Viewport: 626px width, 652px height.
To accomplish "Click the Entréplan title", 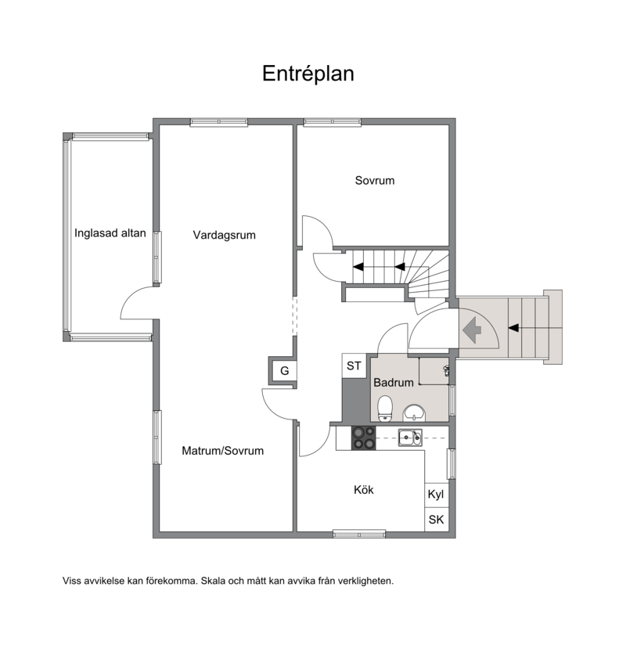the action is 308,74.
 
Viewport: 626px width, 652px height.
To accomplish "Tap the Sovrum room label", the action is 375,181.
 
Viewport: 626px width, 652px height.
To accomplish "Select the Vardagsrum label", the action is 224,235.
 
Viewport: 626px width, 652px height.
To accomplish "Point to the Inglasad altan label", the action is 110,233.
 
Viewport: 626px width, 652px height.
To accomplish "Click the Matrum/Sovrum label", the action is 223,451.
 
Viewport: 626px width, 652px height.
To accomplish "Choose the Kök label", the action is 364,490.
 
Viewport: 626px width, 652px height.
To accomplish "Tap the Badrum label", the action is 394,383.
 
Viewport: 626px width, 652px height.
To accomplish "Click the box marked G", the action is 284,370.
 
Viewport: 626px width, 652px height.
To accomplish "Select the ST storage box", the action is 354,366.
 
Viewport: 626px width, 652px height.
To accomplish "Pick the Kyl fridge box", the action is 436,495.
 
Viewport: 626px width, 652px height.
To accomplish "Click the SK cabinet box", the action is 436,520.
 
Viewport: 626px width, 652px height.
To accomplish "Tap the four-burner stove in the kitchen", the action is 364,438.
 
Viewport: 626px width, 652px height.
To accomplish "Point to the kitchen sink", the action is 410,438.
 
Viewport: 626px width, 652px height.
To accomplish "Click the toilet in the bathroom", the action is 385,409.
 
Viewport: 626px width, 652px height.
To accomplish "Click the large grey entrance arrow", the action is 472,330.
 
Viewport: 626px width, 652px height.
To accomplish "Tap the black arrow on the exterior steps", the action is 514,328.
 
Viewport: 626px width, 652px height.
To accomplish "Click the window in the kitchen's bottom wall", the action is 359,533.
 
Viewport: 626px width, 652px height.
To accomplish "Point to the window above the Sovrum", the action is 333,122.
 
